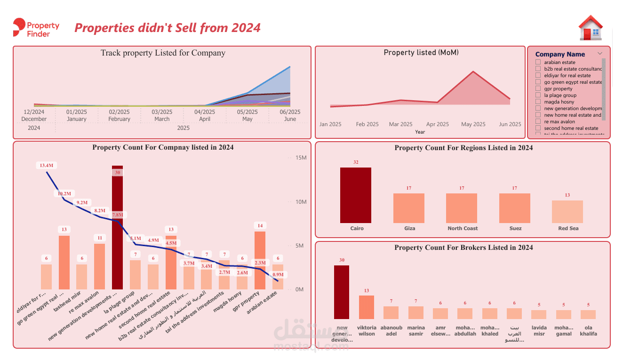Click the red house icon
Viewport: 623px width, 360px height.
pos(591,28)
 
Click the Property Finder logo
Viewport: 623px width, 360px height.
pos(36,28)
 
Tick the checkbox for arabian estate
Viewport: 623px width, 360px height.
pos(538,62)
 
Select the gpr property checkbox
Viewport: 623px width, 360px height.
pos(538,88)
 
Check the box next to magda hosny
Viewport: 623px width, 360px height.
pos(538,102)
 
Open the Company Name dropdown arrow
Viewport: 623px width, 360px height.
pos(600,54)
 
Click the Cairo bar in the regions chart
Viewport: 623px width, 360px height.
pos(356,195)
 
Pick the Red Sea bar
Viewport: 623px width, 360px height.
pos(567,212)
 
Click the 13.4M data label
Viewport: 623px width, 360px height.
pos(47,165)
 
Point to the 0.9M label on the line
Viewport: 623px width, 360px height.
pos(278,274)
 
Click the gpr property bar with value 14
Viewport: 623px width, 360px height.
pos(260,260)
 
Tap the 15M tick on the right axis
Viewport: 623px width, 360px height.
pos(301,158)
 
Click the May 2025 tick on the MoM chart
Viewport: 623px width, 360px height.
pos(473,124)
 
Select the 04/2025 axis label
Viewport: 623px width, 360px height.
pos(205,112)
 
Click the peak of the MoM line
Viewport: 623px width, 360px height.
pos(473,72)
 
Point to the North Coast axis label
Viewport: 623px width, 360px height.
pos(463,228)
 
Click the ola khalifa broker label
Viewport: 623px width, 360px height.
pos(588,330)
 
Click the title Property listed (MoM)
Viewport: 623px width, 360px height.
pos(421,53)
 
